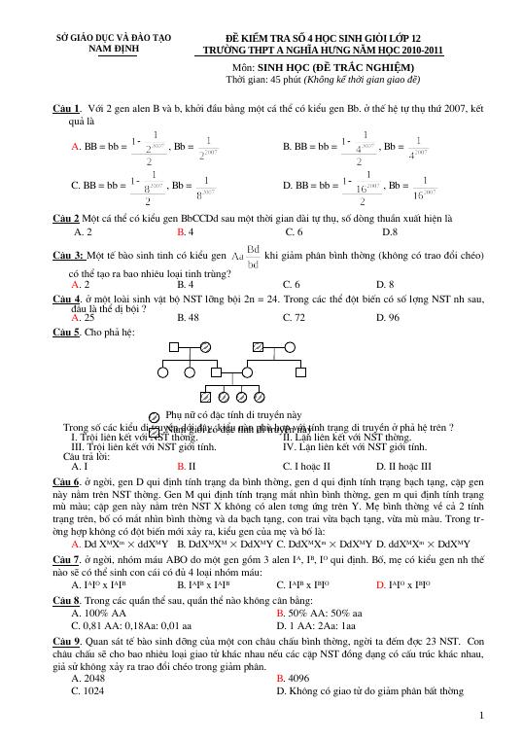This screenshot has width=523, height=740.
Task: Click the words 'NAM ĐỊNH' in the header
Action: pos(113,47)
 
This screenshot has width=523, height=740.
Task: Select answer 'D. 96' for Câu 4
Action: pos(398,317)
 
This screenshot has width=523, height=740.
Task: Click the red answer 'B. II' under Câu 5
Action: pos(187,466)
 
